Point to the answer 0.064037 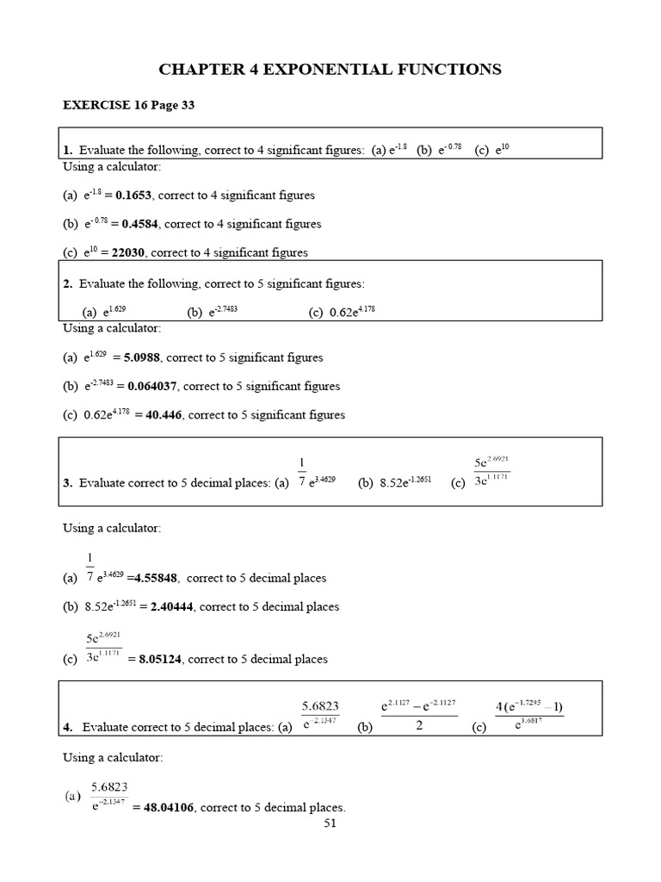coord(152,386)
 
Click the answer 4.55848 coord(156,578)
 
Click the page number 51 coord(330,823)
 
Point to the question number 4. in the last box coord(68,728)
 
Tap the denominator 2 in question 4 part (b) coord(418,726)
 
